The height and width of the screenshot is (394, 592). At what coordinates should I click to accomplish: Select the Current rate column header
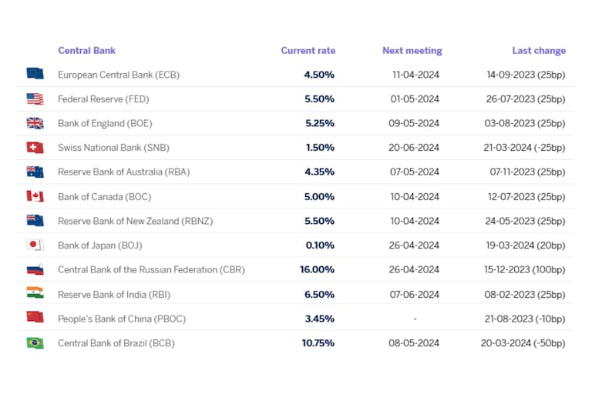point(308,51)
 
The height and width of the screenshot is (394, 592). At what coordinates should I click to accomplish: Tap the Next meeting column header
point(412,51)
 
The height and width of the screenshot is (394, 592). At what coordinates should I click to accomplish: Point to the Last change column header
point(538,51)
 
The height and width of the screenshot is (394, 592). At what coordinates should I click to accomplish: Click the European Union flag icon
point(35,74)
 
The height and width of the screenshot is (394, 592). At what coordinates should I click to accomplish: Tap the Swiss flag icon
point(35,147)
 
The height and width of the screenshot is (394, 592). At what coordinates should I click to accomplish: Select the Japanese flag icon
point(35,245)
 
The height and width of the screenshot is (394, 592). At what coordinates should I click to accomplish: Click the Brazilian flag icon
point(35,343)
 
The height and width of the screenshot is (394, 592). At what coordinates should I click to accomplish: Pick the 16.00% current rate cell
point(317,270)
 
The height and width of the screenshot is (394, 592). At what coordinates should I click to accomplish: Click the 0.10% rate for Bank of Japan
point(319,245)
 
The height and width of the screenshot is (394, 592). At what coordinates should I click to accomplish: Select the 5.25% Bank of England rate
point(319,123)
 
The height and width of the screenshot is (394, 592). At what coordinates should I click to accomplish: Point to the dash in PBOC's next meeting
point(415,319)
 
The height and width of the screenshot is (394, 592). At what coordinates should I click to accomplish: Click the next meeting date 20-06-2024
point(415,148)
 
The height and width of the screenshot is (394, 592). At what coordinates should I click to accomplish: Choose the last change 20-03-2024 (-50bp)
point(523,343)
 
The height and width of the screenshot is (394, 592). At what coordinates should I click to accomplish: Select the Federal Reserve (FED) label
point(103,98)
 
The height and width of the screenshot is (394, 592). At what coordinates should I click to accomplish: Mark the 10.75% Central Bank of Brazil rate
point(318,343)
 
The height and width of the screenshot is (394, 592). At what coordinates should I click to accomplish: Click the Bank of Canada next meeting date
point(415,196)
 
